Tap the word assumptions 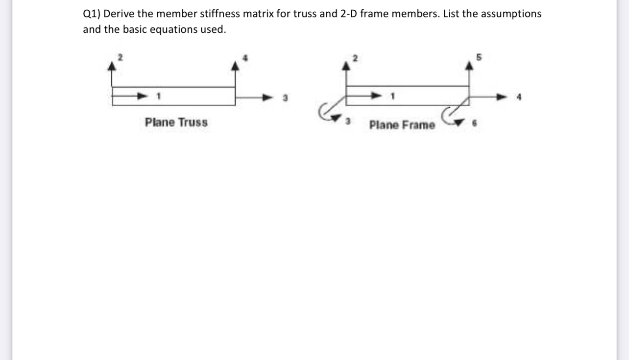[x=511, y=14]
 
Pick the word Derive [x=120, y=14]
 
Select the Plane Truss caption [x=176, y=122]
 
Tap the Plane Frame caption [x=402, y=125]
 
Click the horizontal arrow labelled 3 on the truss [x=255, y=96]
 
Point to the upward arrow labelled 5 [x=470, y=73]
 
